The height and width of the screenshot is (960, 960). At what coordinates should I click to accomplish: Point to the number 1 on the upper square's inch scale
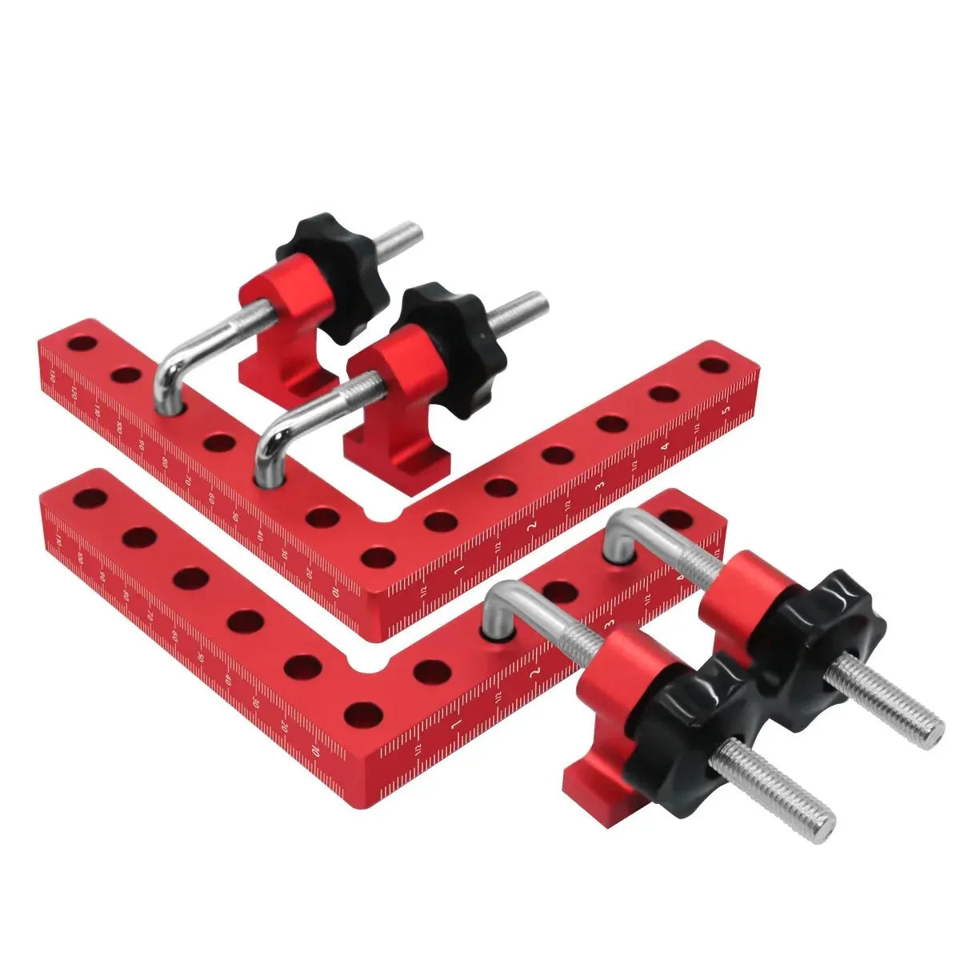coord(458,570)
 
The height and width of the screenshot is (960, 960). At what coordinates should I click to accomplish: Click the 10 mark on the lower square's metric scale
coord(317,751)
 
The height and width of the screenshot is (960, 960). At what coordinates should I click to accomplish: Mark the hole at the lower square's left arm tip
coord(90,498)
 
